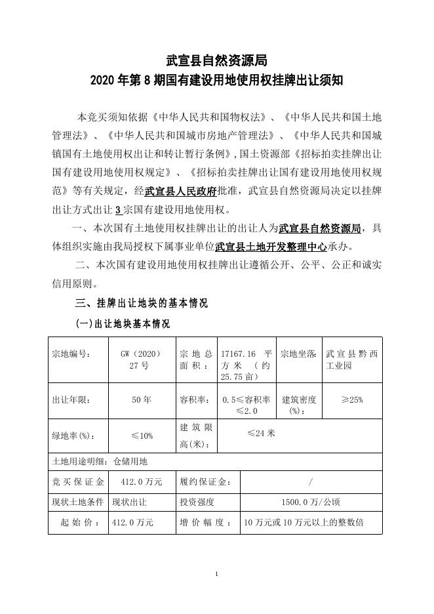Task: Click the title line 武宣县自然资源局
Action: (216, 61)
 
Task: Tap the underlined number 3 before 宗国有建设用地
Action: (117, 211)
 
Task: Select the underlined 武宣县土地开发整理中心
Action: (271, 247)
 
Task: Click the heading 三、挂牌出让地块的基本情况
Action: (142, 303)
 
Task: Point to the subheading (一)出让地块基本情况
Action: (123, 324)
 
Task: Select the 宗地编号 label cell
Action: (71, 354)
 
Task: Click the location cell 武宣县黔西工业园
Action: (348, 359)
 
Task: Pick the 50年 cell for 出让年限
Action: (141, 399)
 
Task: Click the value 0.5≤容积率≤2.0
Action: (247, 405)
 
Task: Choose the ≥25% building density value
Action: (351, 399)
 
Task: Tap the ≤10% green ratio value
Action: (141, 436)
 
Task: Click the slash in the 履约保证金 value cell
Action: (310, 482)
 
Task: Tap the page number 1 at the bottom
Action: (216, 575)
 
